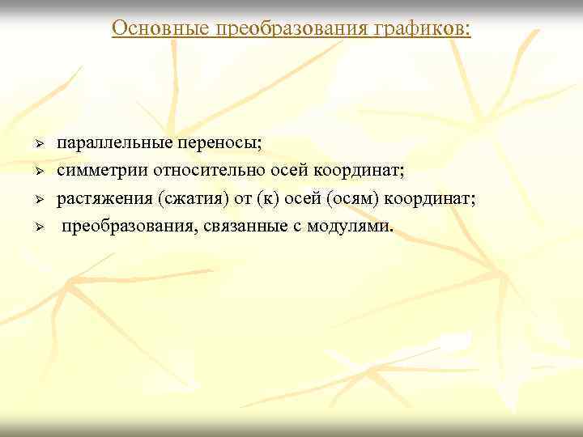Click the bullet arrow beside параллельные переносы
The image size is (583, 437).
click(x=37, y=144)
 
